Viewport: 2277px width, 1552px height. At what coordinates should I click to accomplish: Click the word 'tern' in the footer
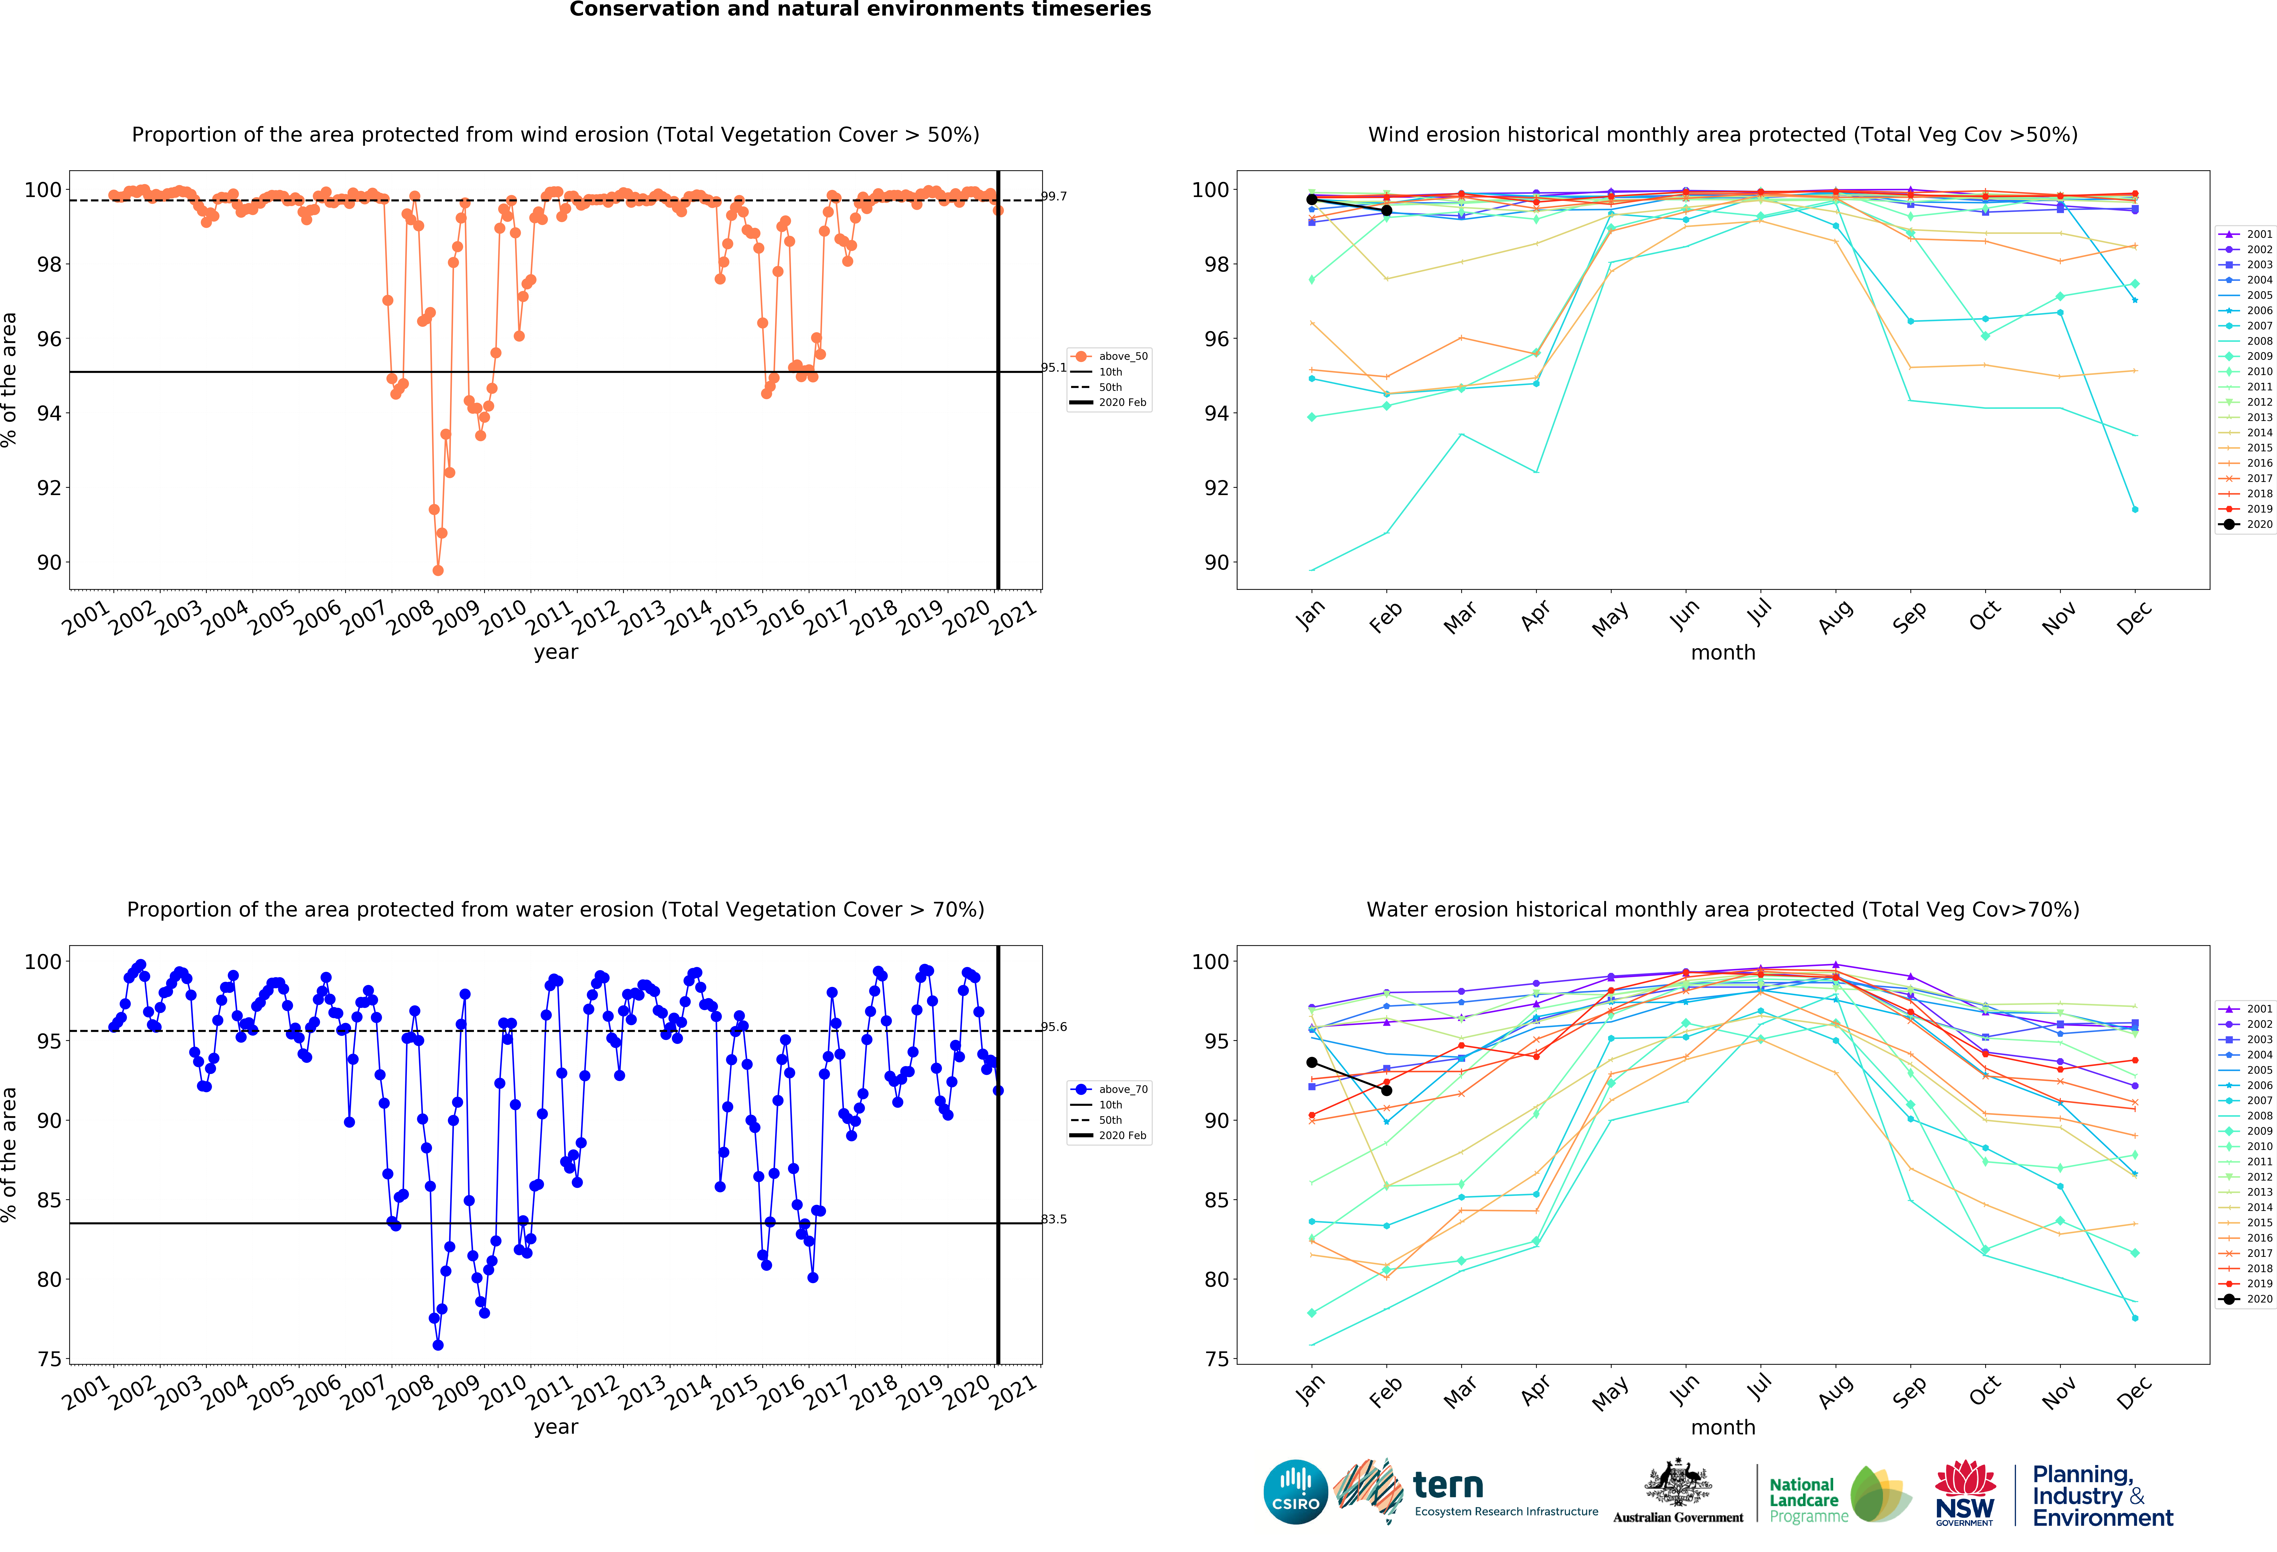[1448, 1485]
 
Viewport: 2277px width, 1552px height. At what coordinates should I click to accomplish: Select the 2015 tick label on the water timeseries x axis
[735, 1392]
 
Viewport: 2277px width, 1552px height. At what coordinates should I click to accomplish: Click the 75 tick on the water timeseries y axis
[49, 1359]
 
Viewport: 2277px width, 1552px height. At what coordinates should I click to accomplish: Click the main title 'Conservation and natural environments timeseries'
[860, 10]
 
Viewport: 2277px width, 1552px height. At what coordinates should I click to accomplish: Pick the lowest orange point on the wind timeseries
[438, 570]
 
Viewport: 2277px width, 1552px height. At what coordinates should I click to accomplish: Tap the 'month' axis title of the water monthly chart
[1722, 1428]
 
